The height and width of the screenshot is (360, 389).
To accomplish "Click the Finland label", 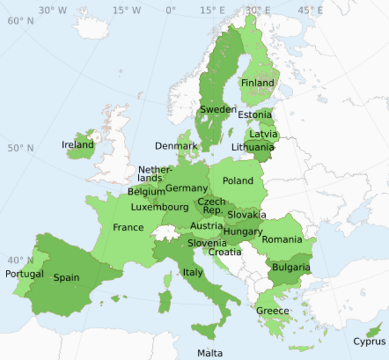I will tap(257, 83).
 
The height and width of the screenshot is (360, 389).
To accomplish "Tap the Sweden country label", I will tap(218, 110).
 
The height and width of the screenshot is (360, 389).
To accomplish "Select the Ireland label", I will tap(78, 145).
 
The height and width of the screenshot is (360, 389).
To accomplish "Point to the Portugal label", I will tap(25, 274).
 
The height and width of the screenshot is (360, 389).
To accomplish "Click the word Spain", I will tap(66, 278).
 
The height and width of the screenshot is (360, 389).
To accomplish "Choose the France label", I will tap(128, 228).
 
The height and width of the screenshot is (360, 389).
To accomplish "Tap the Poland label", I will tap(237, 181).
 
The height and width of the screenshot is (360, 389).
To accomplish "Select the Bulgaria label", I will tap(290, 267).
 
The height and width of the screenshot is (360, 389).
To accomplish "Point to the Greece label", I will tap(272, 311).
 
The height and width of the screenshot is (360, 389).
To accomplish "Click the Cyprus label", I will tap(369, 341).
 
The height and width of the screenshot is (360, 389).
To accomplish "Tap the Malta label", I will tap(210, 353).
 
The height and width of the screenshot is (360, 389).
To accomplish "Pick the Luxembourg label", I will tap(159, 208).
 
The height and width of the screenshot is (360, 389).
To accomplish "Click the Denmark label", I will tap(176, 146).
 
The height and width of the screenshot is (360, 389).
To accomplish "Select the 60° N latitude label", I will tap(20, 20).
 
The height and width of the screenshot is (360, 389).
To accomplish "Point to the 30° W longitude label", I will tap(53, 10).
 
